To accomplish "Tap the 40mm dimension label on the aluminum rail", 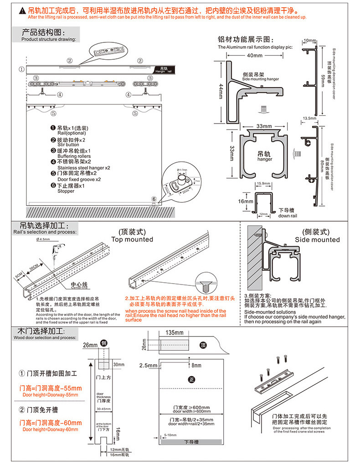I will pos(255,55).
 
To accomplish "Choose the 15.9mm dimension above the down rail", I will pos(264,183).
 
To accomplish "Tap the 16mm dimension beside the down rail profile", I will pos(245,201).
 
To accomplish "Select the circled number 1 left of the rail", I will pos(21,69).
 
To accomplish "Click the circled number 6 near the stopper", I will pos(154,199).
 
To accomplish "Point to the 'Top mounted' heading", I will pos(132,239).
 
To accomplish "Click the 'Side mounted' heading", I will pos(317,239).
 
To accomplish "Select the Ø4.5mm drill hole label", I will pos(44,238).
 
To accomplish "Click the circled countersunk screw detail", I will pos(206,285).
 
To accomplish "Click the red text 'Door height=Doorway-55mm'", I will pos(50,395).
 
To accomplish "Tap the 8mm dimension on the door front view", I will pos(196,365).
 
